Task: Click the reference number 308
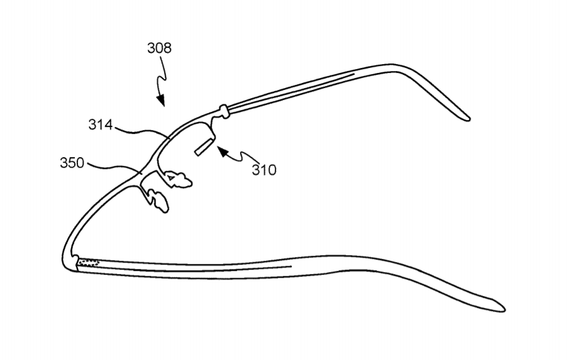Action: point(159,48)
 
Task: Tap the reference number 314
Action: point(101,125)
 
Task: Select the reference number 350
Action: point(72,163)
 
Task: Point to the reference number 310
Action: point(264,170)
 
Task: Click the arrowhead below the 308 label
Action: point(161,100)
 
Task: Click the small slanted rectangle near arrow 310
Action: point(204,147)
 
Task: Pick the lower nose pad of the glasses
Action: point(158,201)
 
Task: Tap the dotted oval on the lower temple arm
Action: point(89,262)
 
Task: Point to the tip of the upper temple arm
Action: point(468,119)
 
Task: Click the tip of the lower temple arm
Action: point(504,310)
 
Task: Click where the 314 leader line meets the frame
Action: point(170,138)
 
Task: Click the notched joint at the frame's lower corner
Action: point(75,261)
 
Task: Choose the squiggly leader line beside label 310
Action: point(244,156)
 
